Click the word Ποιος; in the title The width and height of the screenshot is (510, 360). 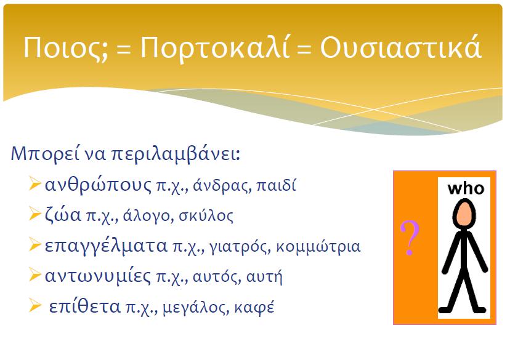click(x=65, y=47)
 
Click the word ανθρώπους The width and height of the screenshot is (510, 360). click(x=98, y=185)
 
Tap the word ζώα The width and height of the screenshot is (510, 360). click(x=63, y=215)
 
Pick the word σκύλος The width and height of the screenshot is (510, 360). click(x=206, y=216)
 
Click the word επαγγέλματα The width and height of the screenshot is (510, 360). click(x=106, y=246)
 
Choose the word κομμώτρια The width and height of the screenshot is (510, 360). click(x=318, y=247)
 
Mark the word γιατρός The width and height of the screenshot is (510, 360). click(x=240, y=247)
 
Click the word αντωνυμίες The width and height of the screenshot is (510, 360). click(x=98, y=276)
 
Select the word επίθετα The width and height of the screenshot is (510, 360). click(x=84, y=306)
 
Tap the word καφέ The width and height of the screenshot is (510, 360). click(x=254, y=307)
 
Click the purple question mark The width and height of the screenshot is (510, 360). click(x=410, y=238)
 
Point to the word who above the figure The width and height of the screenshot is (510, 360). click(x=466, y=188)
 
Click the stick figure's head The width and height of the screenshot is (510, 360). click(x=464, y=215)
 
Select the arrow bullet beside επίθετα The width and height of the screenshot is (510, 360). click(x=35, y=305)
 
